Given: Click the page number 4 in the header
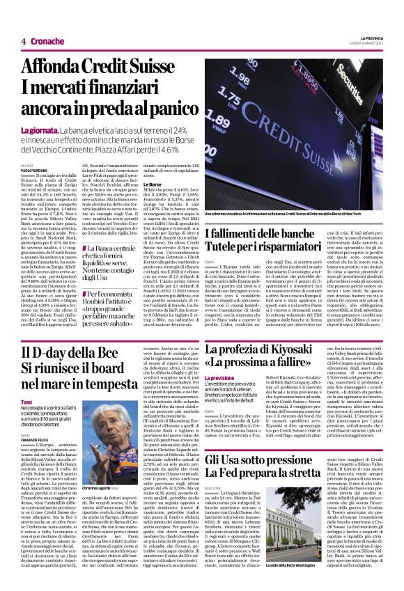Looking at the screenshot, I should click(x=24, y=41).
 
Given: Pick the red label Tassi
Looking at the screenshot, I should click(x=27, y=402).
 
